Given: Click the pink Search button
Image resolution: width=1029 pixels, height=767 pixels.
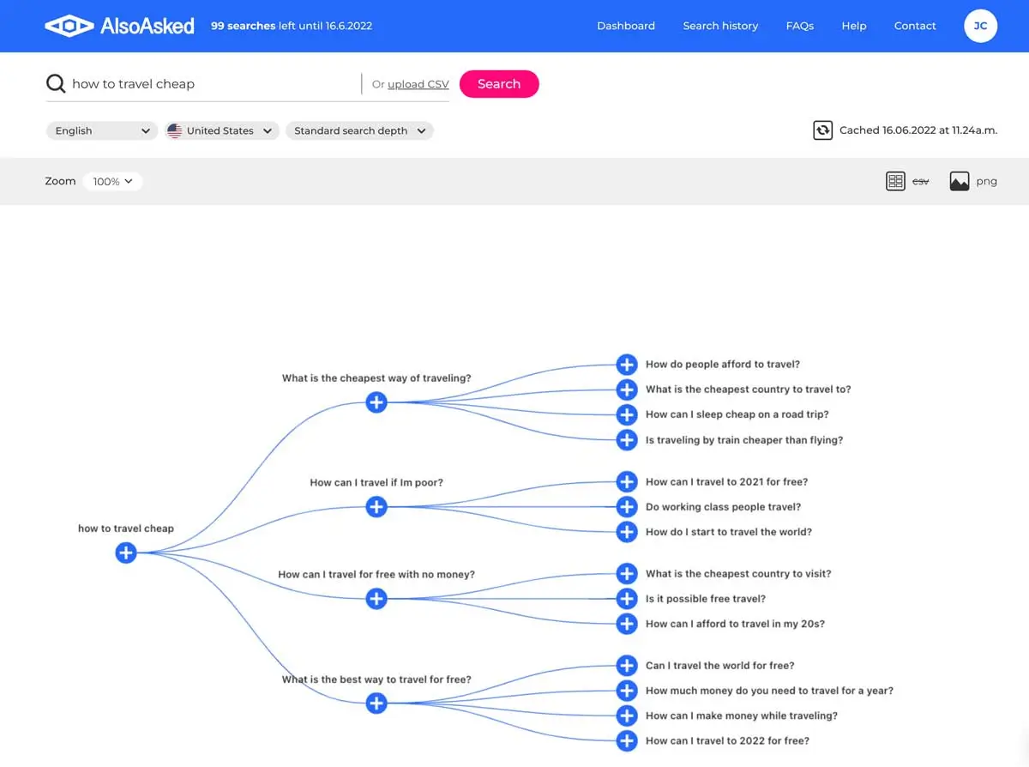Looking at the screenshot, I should (x=499, y=84).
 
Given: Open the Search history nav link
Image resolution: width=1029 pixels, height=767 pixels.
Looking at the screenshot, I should (x=720, y=26).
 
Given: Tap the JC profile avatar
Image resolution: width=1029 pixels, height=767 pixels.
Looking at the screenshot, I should (x=980, y=26).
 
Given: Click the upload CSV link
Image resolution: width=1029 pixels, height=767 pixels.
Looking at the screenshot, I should (x=418, y=84).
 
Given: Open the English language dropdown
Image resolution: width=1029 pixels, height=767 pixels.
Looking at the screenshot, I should (x=101, y=130).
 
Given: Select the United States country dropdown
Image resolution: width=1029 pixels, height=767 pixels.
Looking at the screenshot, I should (x=221, y=130).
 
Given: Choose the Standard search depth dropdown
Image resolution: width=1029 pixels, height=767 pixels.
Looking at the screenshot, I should (x=359, y=130).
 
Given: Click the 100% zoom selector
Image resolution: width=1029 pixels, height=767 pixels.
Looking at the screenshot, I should (x=113, y=181).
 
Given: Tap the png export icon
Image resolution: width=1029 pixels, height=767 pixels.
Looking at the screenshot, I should (x=960, y=181).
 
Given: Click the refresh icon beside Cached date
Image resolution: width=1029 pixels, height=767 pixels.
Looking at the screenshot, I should (x=822, y=130).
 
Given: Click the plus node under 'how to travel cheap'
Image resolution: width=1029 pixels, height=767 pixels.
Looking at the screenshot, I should (x=126, y=553).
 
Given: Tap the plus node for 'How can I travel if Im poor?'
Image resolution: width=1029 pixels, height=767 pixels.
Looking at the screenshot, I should (x=376, y=507).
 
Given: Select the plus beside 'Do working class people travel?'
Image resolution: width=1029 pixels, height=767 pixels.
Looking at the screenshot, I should (x=627, y=507).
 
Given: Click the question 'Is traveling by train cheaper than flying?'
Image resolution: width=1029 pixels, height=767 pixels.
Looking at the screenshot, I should (x=743, y=440).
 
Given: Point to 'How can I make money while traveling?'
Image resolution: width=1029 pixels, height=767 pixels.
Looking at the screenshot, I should (x=741, y=716).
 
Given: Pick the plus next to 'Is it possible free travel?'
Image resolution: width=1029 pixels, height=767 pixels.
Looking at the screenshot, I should (x=627, y=599).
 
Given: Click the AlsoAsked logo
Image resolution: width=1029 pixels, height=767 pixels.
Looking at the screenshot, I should (x=120, y=26).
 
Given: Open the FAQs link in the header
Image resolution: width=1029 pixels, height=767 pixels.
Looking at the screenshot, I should (x=799, y=26).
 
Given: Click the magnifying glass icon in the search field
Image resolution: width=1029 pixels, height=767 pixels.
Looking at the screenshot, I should (x=56, y=84).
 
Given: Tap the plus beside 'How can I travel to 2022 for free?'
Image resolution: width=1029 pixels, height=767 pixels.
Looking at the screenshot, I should (x=627, y=740).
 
